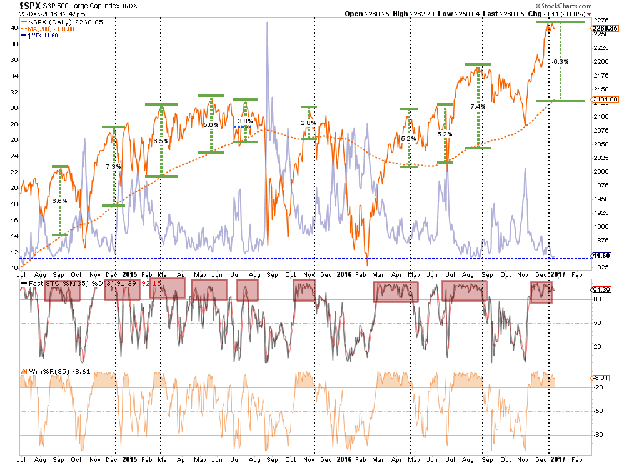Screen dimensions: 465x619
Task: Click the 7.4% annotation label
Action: pos(478,107)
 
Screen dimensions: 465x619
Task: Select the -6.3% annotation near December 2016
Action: pos(560,62)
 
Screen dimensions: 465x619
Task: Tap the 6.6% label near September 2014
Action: pos(60,201)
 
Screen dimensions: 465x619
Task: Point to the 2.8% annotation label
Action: pos(309,123)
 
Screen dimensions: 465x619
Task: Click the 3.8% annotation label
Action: pos(245,121)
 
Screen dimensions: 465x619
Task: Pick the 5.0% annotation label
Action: pos(211,124)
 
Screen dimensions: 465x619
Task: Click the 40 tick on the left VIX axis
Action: pos(13,28)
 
